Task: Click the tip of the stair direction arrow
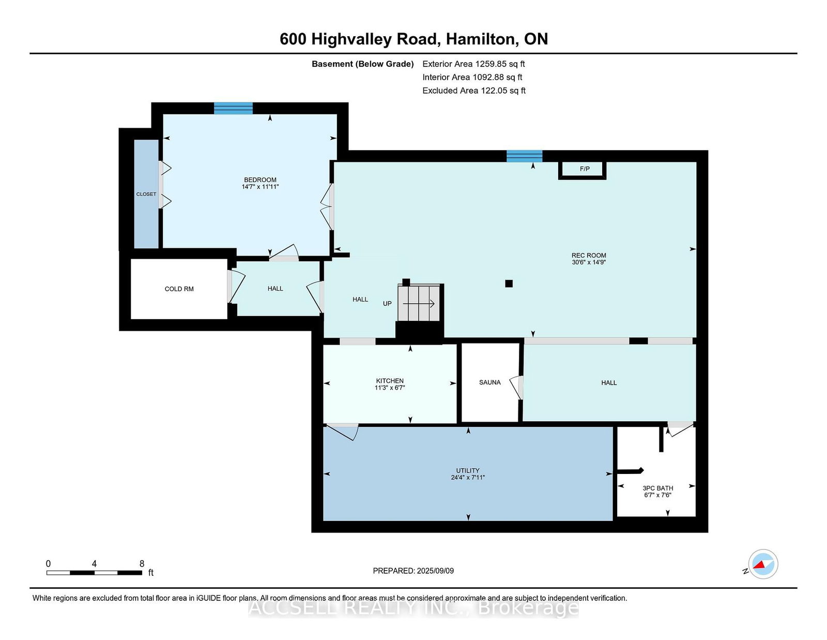(x=434, y=304)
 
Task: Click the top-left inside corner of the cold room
(x=131, y=259)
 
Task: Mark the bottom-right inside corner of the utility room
(x=612, y=520)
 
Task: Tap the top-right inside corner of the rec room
(x=696, y=162)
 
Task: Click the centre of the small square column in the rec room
(x=509, y=284)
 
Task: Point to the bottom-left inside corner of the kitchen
(x=324, y=423)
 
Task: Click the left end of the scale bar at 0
(x=47, y=573)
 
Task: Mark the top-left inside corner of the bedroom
(x=164, y=114)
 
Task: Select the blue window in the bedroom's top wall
(x=233, y=108)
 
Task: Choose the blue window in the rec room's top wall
(x=524, y=156)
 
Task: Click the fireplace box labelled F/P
(x=582, y=170)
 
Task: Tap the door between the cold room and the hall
(x=236, y=286)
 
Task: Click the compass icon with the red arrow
(x=763, y=564)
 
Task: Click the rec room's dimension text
(x=588, y=262)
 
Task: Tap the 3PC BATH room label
(x=657, y=488)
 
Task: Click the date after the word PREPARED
(x=435, y=571)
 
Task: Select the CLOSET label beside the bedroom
(x=146, y=195)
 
